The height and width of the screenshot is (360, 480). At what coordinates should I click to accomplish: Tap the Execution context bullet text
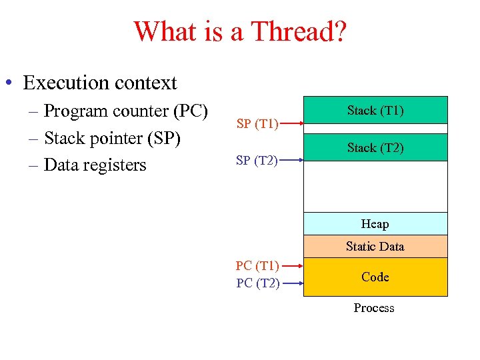[x=99, y=83]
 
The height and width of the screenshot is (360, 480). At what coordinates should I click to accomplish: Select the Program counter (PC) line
[x=125, y=111]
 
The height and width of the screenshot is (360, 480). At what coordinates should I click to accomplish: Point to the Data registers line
[x=94, y=165]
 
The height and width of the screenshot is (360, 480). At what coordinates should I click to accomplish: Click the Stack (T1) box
[x=375, y=110]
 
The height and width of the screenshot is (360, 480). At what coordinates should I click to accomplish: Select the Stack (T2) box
[x=375, y=147]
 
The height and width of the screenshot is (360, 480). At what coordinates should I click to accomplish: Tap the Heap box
[x=375, y=223]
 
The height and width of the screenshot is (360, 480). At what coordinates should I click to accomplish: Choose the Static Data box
[x=375, y=246]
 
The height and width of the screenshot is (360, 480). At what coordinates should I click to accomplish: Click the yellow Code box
[x=375, y=277]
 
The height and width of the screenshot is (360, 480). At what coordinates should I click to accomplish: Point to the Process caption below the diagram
[x=374, y=307]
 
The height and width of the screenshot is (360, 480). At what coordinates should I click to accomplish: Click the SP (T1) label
[x=257, y=123]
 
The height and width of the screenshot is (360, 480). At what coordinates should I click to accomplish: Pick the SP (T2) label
[x=257, y=159]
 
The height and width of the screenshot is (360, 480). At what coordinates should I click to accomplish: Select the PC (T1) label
[x=257, y=266]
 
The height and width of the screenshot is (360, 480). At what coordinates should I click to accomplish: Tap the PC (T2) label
[x=257, y=283]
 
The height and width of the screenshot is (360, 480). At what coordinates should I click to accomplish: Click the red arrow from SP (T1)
[x=291, y=123]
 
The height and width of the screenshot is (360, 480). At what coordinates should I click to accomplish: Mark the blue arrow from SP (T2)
[x=291, y=159]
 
